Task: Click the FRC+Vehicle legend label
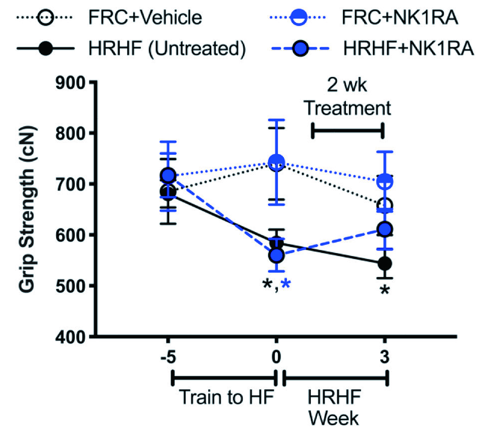145,18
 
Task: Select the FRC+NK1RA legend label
400,18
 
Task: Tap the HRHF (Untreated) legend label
167,49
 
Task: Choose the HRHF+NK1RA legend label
408,49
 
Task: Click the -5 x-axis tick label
168,357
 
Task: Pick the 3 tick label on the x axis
384,357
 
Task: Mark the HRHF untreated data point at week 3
385,264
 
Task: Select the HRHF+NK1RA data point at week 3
385,229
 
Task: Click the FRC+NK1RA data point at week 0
277,162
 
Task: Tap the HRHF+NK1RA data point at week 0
277,255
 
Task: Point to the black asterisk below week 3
385,290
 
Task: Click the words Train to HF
227,397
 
